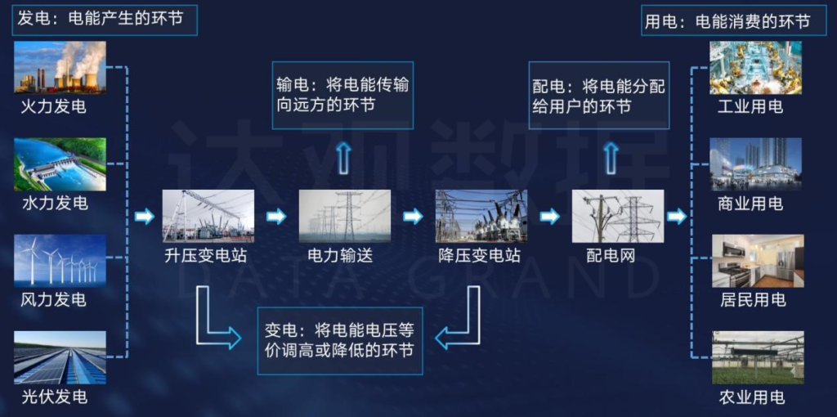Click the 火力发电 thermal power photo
pos(60,68)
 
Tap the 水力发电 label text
pos(54,203)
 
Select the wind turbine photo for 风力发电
pos(60,260)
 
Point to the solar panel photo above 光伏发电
pos(60,357)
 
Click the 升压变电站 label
pos(204,256)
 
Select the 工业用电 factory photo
pos(756,68)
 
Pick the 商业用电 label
pos(750,204)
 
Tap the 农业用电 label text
pos(751,397)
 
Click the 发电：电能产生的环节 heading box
pos(105,20)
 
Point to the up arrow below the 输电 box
pos(344,156)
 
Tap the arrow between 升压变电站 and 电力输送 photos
pos(277,217)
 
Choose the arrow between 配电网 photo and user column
pos(676,217)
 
